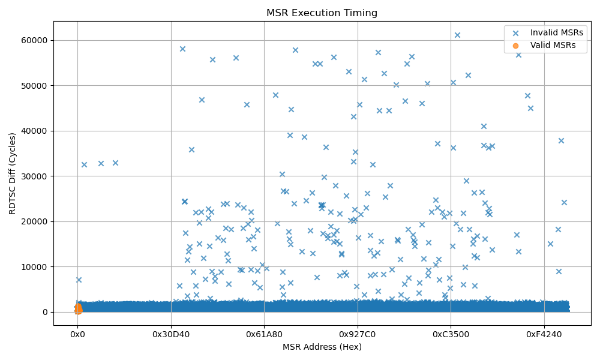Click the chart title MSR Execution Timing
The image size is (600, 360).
click(322, 13)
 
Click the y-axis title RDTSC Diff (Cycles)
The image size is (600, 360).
click(12, 173)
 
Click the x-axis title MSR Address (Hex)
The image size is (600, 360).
click(322, 346)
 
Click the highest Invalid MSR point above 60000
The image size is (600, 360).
click(457, 35)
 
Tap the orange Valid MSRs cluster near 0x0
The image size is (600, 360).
click(78, 308)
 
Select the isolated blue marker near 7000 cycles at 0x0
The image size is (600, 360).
click(79, 280)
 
